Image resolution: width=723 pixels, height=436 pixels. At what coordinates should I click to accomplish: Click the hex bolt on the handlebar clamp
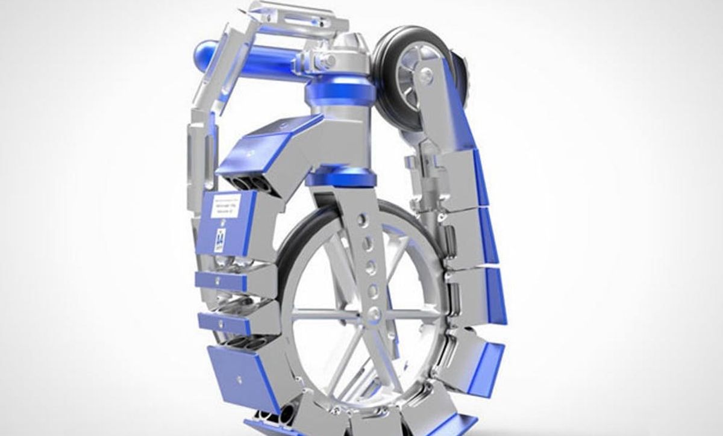(330, 60)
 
